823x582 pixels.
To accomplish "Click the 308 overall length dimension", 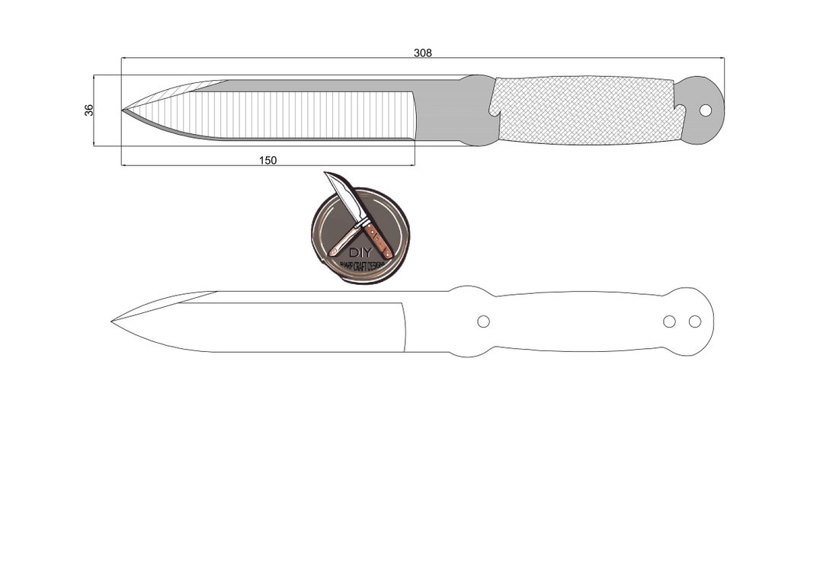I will (423, 53).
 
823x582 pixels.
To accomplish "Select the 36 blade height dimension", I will (89, 110).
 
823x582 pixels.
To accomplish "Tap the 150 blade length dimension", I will (267, 160).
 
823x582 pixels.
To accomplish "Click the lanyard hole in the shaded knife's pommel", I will (705, 110).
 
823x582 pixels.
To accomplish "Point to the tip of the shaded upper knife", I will (123, 110).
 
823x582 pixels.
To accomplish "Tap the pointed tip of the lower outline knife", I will (113, 321).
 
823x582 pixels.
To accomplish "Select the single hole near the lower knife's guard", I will (483, 321).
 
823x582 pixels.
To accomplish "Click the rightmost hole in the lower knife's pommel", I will (694, 321).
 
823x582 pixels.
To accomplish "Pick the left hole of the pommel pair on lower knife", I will (669, 321).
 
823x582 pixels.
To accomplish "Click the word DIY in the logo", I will (359, 252).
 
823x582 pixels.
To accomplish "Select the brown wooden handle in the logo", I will (378, 238).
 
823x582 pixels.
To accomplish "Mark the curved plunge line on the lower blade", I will (405, 328).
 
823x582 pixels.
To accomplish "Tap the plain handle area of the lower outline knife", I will (579, 321).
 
